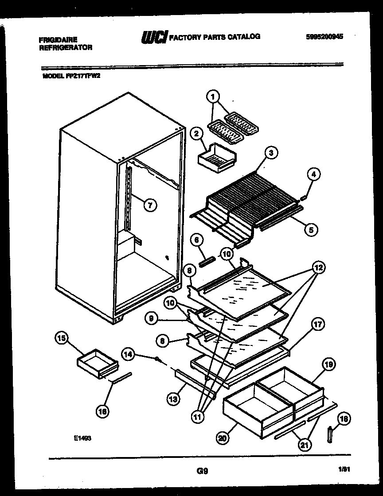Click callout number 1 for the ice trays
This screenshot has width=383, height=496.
coord(213,96)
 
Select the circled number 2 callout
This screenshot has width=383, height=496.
coord(195,133)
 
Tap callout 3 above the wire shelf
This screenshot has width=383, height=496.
coord(271,153)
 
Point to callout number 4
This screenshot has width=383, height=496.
coord(314,174)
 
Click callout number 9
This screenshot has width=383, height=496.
coord(151,318)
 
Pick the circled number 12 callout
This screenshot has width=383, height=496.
coord(318,267)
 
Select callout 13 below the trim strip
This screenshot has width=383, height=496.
coord(173,399)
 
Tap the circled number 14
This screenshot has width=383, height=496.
coord(127,354)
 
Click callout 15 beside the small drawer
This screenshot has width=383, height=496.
coord(61,339)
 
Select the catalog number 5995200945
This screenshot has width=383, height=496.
coord(324,37)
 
